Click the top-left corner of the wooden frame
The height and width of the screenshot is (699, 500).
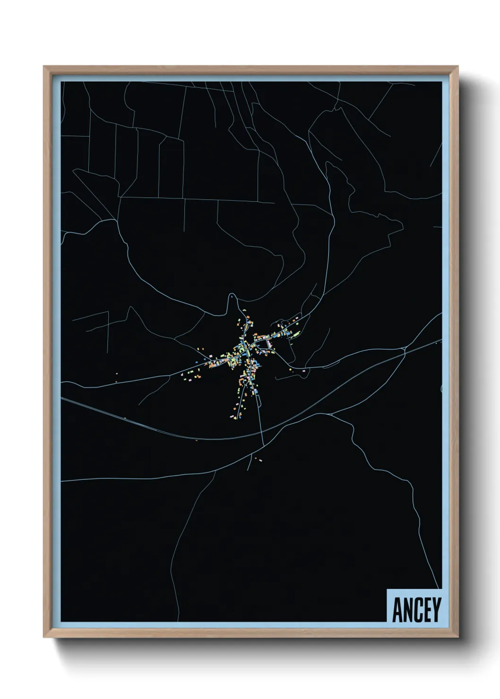pyautogui.click(x=44, y=67)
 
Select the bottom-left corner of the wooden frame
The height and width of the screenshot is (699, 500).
pyautogui.click(x=44, y=637)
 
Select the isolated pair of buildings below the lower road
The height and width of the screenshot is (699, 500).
pyautogui.click(x=258, y=459)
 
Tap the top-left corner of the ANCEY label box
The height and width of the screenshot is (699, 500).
pyautogui.click(x=387, y=589)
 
